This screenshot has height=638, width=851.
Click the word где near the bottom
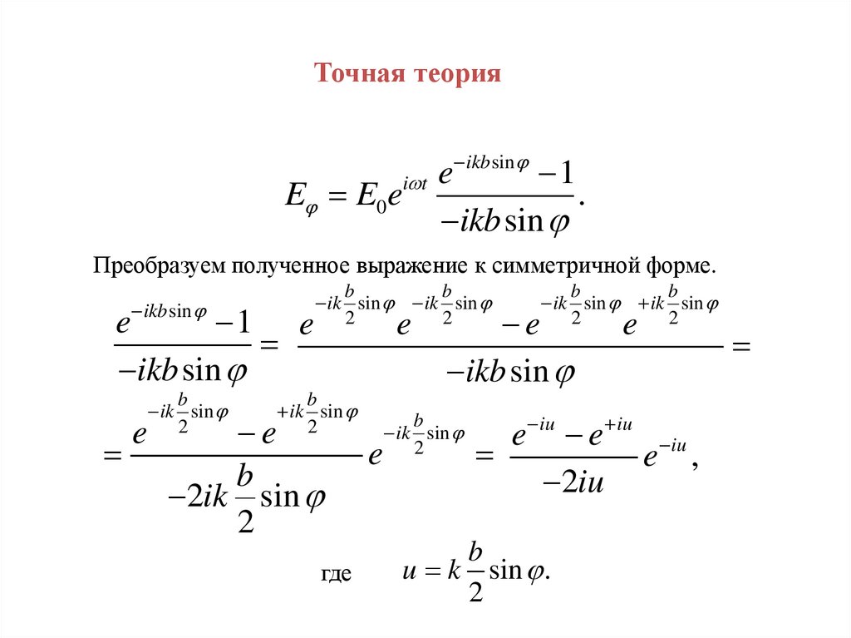click(337, 574)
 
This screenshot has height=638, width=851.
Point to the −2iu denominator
click(572, 483)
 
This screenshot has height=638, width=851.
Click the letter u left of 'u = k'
click(409, 573)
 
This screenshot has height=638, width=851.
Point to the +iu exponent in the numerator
click(620, 426)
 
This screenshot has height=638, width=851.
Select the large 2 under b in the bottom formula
click(476, 591)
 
